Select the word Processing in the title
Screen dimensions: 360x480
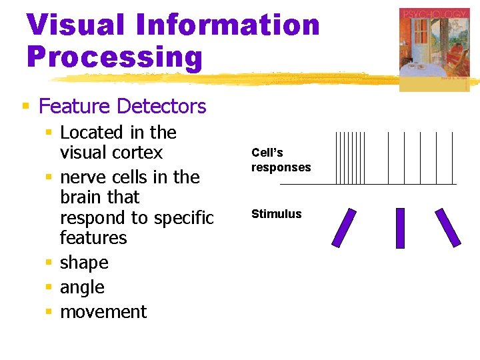pos(114,57)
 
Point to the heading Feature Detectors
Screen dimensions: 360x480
pos(123,106)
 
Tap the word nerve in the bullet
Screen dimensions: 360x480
pos(81,177)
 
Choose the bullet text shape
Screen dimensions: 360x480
pos(84,263)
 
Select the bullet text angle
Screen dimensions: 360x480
pos(82,287)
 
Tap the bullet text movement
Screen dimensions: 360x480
pos(103,312)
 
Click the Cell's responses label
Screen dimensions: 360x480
pos(281,160)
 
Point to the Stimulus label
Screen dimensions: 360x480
pos(276,214)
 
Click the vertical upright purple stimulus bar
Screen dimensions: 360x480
pos(400,228)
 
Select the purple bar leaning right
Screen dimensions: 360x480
pos(345,228)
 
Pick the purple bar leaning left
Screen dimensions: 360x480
pos(449,228)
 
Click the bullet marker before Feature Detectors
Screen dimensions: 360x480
pos(25,106)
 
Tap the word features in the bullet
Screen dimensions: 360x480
pos(93,238)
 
